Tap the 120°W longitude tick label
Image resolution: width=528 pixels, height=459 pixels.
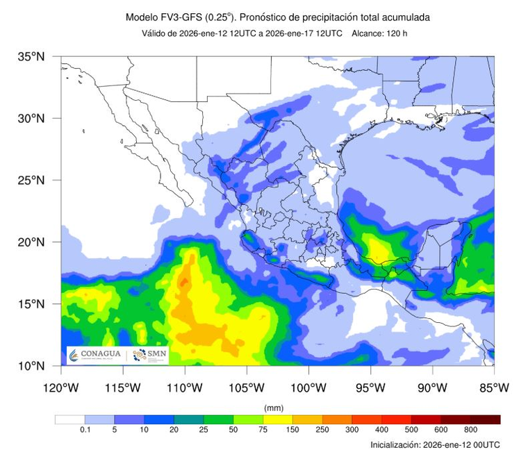click(x=61, y=387)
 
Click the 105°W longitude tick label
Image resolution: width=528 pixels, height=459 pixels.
click(x=247, y=387)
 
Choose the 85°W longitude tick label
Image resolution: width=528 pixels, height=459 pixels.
click(x=494, y=387)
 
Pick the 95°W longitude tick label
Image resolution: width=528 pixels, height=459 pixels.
click(x=370, y=387)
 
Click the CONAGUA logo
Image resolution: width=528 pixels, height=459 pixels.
click(x=95, y=354)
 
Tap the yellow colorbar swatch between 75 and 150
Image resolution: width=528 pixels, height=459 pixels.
click(x=278, y=419)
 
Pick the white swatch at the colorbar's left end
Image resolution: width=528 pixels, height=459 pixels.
click(x=69, y=419)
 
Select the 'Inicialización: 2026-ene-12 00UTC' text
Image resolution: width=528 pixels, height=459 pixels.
click(x=435, y=444)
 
